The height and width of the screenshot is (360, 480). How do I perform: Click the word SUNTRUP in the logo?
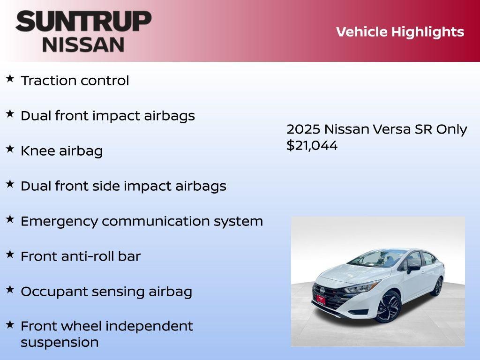(83, 21)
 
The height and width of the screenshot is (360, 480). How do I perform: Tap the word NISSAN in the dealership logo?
(83, 45)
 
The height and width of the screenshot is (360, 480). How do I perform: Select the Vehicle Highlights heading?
(400, 32)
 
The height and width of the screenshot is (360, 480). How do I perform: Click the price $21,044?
(312, 145)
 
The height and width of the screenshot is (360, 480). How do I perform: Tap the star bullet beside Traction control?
(10, 78)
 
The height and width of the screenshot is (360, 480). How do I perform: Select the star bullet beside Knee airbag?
(10, 149)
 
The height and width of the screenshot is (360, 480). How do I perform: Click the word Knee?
(37, 151)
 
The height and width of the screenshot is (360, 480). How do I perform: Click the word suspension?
(60, 342)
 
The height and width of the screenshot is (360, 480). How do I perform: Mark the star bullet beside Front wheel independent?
(10, 324)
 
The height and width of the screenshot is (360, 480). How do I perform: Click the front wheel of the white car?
(388, 307)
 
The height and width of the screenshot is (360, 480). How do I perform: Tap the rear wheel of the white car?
(438, 286)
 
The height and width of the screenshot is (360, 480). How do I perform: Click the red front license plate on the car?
(321, 299)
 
